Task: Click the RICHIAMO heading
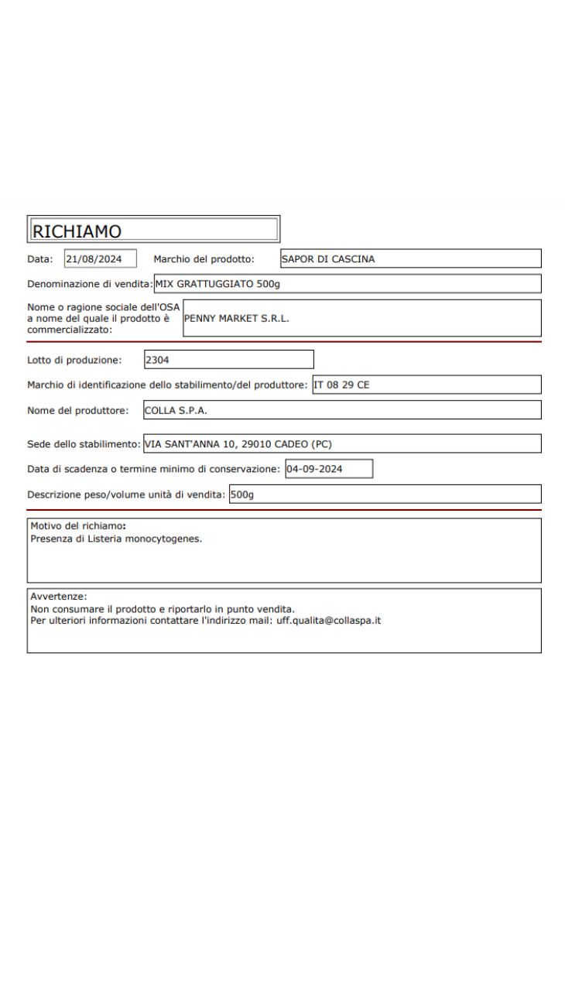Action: tap(77, 230)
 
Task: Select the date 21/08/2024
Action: tap(89, 259)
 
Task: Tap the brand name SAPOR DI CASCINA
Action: tap(327, 259)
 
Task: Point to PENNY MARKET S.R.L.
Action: tap(236, 318)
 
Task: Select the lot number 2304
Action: tap(157, 359)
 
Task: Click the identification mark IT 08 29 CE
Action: tap(341, 385)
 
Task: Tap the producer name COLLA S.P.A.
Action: tap(176, 410)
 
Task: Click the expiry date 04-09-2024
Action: tap(314, 469)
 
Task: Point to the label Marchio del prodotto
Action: tap(204, 259)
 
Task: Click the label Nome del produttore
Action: tap(77, 410)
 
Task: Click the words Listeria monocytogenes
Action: tap(155, 539)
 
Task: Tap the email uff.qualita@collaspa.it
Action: tap(328, 621)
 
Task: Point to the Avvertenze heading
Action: tap(58, 597)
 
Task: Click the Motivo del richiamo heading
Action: tap(77, 526)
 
